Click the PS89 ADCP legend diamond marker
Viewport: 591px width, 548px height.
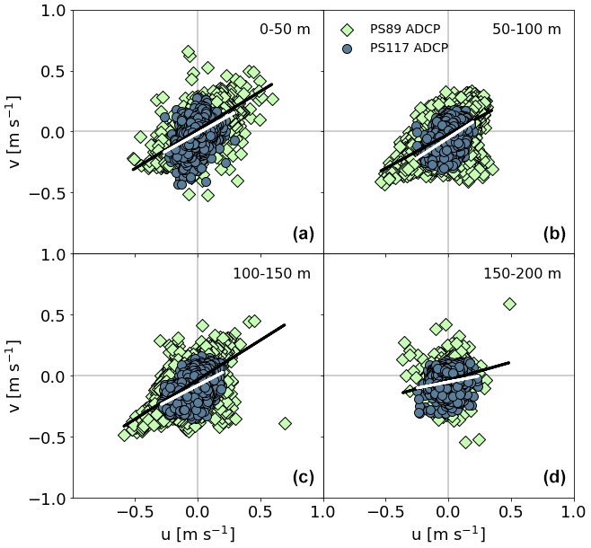click(347, 30)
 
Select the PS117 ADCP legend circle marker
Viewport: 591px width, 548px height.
click(347, 47)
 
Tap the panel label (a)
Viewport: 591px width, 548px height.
click(303, 234)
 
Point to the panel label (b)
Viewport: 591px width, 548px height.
click(553, 234)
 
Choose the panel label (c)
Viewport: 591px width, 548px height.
click(303, 477)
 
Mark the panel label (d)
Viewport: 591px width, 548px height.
click(553, 477)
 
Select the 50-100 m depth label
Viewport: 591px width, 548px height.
click(526, 29)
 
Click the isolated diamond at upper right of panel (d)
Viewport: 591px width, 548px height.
click(510, 305)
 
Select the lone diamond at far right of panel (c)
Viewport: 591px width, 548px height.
click(285, 423)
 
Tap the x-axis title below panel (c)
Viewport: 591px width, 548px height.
click(198, 535)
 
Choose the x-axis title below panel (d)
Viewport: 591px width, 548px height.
click(448, 535)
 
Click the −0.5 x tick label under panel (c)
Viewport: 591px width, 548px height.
click(133, 513)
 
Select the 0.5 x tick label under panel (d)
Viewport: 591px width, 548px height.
click(510, 513)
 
